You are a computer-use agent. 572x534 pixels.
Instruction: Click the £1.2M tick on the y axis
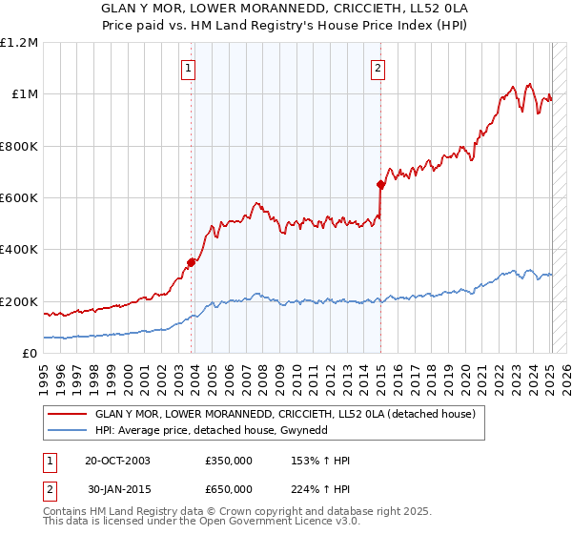tap(19, 43)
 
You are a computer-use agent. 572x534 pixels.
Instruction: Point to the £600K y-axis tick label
tap(19, 198)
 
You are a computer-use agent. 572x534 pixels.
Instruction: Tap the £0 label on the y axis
tap(29, 354)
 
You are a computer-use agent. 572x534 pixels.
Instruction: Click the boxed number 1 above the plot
tap(188, 68)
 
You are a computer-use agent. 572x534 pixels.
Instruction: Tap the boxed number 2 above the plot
tap(378, 68)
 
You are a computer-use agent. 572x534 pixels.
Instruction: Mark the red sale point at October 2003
tap(192, 262)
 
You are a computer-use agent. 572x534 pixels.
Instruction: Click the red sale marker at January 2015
tap(381, 185)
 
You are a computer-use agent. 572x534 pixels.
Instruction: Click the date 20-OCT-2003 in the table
tap(118, 461)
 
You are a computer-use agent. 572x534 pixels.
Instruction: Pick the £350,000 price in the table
tap(229, 461)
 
